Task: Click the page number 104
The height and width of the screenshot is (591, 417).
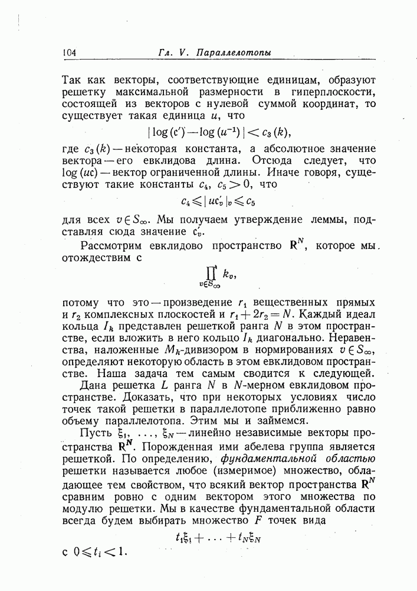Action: click(x=70, y=53)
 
